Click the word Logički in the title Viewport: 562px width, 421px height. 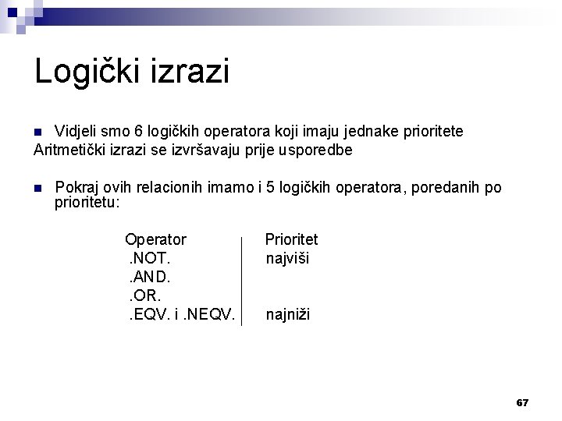(91, 72)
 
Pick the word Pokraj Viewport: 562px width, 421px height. (77, 188)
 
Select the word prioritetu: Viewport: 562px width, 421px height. (87, 202)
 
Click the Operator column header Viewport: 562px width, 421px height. (156, 239)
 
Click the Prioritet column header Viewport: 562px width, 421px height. (291, 239)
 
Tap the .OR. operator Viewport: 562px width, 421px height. (146, 295)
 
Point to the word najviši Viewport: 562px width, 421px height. (287, 258)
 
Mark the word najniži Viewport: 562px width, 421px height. (288, 315)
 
